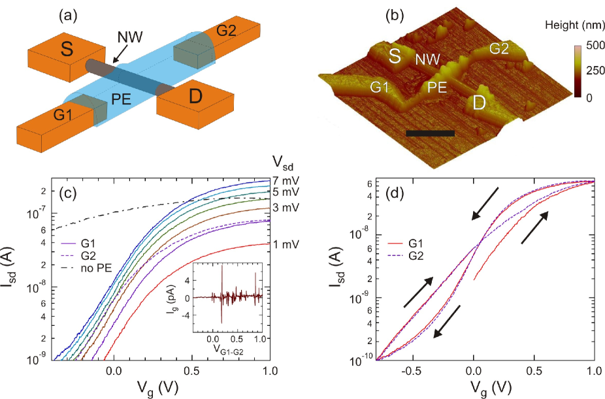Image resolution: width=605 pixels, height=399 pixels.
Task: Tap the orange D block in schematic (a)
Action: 194,100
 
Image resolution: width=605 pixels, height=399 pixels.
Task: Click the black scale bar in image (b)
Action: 429,133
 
